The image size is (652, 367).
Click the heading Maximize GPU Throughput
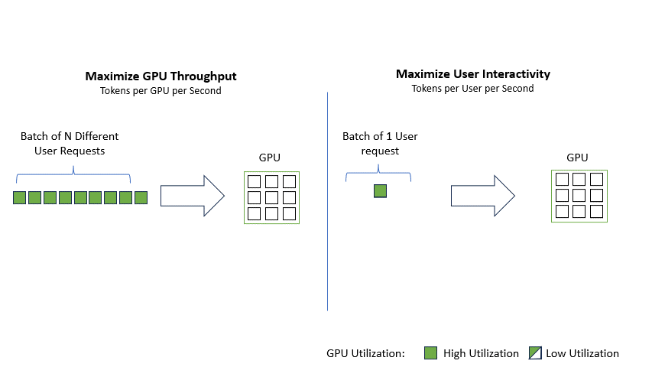point(161,76)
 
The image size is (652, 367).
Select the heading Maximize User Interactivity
point(473,74)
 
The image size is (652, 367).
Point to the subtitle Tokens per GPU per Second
point(161,90)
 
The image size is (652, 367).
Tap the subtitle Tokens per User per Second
point(473,88)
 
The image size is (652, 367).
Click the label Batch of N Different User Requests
point(70,144)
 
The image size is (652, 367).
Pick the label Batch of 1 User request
point(380,144)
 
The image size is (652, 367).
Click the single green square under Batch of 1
point(380,191)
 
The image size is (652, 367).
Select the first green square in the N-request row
point(19,198)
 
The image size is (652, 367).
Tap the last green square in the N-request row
point(141,198)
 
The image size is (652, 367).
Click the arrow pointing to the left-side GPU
point(191,196)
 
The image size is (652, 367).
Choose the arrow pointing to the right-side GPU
point(482,196)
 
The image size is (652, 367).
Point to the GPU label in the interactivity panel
point(577,158)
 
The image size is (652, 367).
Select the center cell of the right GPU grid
point(579,196)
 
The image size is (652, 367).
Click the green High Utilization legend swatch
point(431,353)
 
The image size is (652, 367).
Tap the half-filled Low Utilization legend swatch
point(536,353)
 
